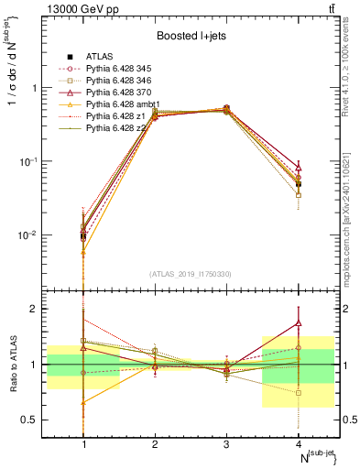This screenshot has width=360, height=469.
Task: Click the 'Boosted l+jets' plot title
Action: (192, 36)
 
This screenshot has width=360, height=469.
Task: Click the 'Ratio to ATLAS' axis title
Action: (13, 365)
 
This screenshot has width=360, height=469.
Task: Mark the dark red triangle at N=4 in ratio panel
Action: (298, 322)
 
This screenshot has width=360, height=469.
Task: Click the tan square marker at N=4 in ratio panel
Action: (298, 393)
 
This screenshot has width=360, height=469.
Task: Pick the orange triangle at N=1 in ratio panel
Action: (84, 402)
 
